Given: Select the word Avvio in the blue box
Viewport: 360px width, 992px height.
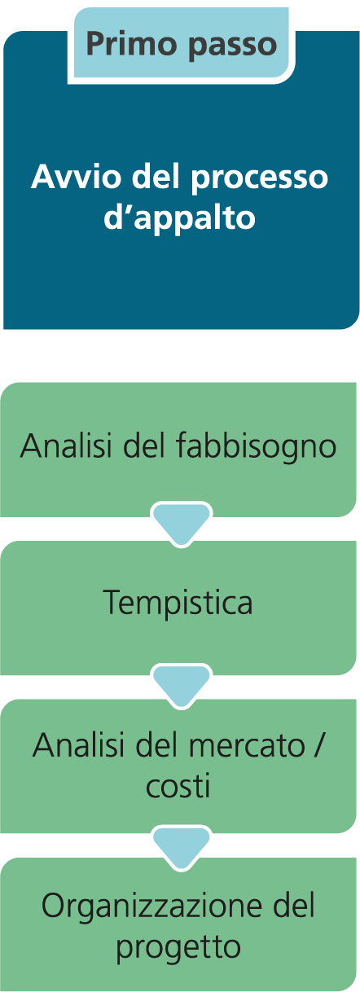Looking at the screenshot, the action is coord(76,177).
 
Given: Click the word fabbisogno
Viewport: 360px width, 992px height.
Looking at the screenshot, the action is coord(257,446).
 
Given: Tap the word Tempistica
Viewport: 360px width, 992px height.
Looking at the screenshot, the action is coord(178,604).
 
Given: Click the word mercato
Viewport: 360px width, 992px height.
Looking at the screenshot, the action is coord(247,746).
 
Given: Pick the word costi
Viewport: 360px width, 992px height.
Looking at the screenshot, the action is coord(178,787).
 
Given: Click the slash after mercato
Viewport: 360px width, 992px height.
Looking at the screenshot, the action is coord(318,745).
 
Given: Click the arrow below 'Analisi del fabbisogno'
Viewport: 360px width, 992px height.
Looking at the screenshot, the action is coord(181,524).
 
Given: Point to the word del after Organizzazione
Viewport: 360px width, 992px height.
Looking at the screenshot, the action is coord(292,904).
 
